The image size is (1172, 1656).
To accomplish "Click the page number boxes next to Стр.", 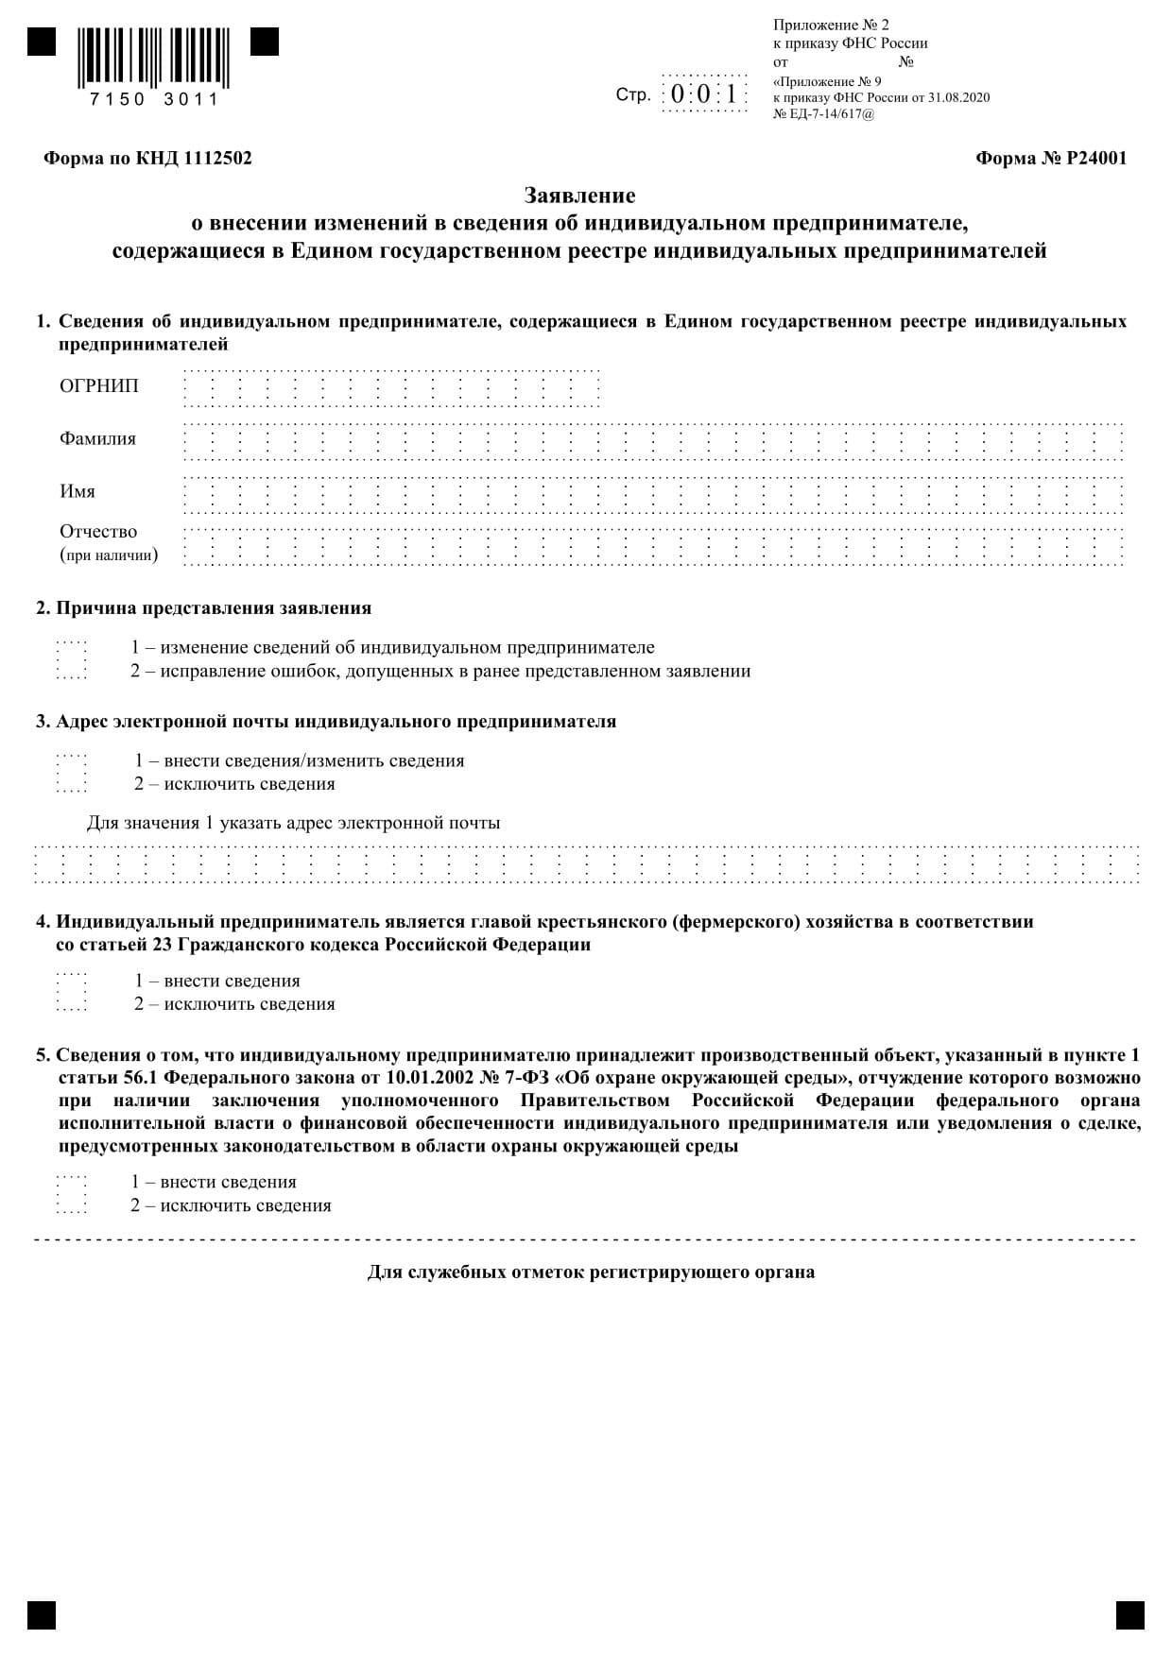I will (704, 94).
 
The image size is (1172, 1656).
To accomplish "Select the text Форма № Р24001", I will (1050, 159).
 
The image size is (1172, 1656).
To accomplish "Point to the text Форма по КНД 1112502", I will (147, 159).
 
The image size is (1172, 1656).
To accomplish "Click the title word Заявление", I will (580, 196).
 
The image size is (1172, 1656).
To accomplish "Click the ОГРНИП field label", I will (98, 385).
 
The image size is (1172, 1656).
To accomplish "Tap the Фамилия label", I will (97, 438).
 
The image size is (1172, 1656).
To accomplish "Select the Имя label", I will (78, 491).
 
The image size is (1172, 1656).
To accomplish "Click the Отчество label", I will (98, 532).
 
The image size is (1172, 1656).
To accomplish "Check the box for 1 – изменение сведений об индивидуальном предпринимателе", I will (72, 648).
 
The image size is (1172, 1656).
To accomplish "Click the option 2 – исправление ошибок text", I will (439, 671).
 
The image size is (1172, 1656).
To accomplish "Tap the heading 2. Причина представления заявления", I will (203, 607).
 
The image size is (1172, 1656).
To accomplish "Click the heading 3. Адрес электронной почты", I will (326, 721).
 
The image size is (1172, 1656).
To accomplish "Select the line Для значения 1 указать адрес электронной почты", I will (293, 822).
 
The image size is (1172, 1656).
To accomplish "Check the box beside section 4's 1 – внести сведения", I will (72, 981).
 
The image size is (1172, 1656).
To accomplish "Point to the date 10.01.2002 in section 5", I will (465, 1078).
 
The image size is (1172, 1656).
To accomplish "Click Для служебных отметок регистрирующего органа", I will (591, 1272).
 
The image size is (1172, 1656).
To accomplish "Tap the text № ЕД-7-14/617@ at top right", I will (823, 113).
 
